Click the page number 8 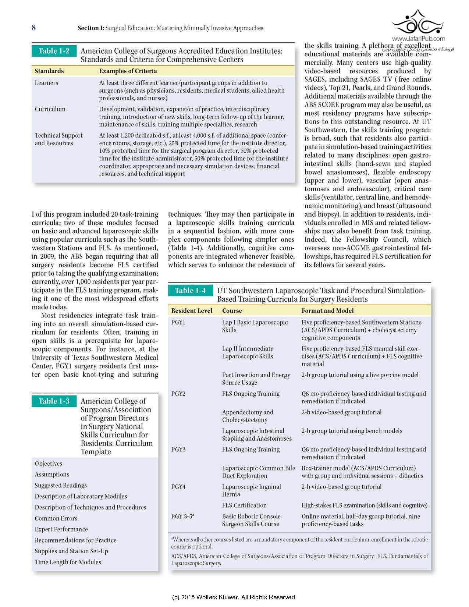[34, 28]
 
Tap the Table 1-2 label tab [54, 51]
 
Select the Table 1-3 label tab [54, 401]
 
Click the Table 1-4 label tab [190, 291]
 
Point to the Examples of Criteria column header [128, 71]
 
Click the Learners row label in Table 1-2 [46, 83]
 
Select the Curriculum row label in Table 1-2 [50, 109]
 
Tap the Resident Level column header [192, 310]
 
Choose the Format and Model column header [327, 310]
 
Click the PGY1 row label [178, 322]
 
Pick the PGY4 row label [178, 487]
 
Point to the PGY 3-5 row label [182, 516]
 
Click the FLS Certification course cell [244, 505]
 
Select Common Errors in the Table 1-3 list [56, 518]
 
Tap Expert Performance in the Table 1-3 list [61, 529]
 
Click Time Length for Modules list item [68, 562]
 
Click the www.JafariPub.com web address [418, 39]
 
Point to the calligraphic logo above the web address [418, 22]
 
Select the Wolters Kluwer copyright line [234, 597]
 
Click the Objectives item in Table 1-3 [49, 464]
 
